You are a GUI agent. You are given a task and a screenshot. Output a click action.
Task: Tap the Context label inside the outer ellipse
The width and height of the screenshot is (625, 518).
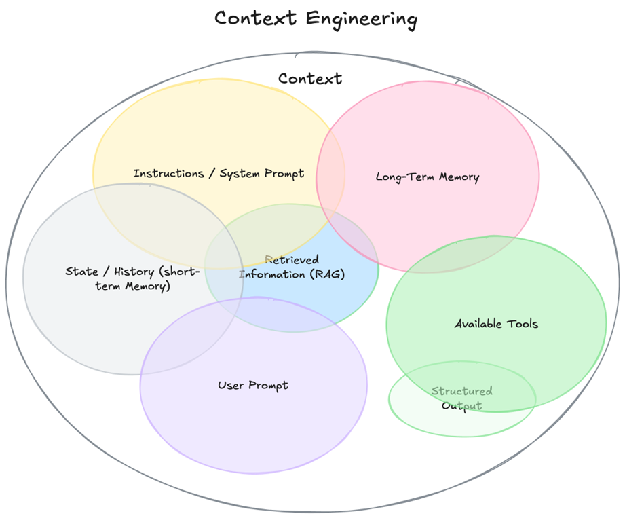click(x=310, y=79)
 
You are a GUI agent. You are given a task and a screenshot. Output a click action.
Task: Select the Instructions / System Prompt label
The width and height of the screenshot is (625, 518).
click(x=219, y=174)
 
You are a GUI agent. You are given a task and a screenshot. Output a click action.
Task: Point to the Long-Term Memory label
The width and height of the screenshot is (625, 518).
click(x=428, y=177)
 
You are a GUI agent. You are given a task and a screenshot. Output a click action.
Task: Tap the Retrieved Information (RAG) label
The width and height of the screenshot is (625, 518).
click(x=292, y=267)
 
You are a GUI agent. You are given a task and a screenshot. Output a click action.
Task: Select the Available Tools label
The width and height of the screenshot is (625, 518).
click(x=496, y=324)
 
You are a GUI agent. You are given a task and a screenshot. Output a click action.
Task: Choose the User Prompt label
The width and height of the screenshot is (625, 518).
click(x=253, y=386)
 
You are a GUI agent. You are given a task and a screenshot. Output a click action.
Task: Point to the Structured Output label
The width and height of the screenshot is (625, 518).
click(x=462, y=399)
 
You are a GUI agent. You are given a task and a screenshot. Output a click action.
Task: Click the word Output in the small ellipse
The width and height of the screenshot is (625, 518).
click(x=461, y=406)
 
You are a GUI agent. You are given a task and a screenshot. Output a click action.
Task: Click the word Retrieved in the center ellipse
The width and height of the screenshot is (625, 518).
click(x=292, y=260)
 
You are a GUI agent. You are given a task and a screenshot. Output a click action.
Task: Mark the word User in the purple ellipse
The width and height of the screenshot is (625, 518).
click(x=231, y=386)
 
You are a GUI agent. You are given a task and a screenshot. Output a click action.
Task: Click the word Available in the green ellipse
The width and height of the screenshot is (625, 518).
click(x=477, y=324)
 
